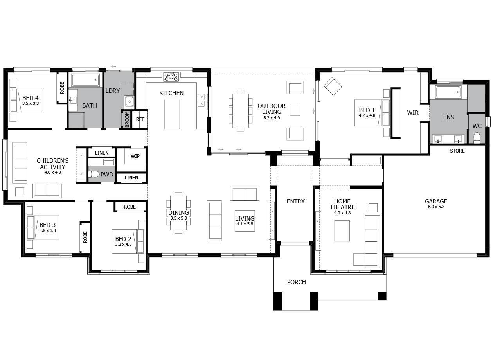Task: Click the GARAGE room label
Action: (x=436, y=202)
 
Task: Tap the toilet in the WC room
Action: (x=477, y=138)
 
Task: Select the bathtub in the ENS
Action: (x=448, y=92)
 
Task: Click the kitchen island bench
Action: (x=172, y=114)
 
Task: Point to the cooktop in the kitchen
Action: (x=171, y=76)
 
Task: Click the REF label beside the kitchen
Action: (x=140, y=119)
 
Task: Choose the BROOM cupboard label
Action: (x=127, y=120)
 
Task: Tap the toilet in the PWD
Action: (x=94, y=175)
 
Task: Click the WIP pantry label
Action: (x=135, y=156)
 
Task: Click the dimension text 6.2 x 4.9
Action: (x=272, y=118)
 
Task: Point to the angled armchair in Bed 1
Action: (x=333, y=86)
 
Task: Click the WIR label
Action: (x=413, y=113)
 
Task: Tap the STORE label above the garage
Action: (x=457, y=151)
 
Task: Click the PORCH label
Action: (x=296, y=282)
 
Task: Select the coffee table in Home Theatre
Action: (x=342, y=231)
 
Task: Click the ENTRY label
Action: (x=295, y=201)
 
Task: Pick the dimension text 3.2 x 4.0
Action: (x=123, y=245)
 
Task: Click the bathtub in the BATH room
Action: (x=85, y=81)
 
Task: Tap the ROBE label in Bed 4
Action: (x=62, y=88)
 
